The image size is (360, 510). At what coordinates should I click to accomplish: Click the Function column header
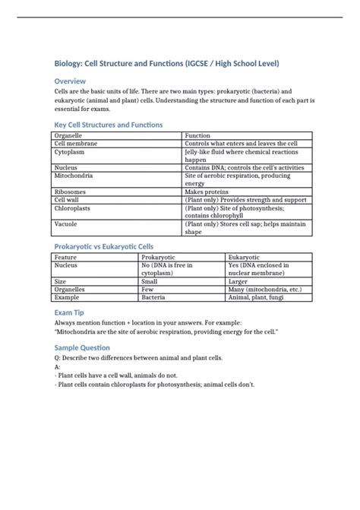point(199,135)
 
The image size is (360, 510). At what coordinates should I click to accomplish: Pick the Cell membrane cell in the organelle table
point(75,144)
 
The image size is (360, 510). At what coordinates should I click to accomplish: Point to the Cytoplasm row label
point(69,152)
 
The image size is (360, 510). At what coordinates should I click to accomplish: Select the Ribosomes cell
point(70,192)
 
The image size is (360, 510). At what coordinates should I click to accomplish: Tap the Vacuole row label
point(66,224)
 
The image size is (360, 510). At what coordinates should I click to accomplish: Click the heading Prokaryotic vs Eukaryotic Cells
point(103,247)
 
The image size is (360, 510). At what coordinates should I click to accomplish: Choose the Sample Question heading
point(82,347)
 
